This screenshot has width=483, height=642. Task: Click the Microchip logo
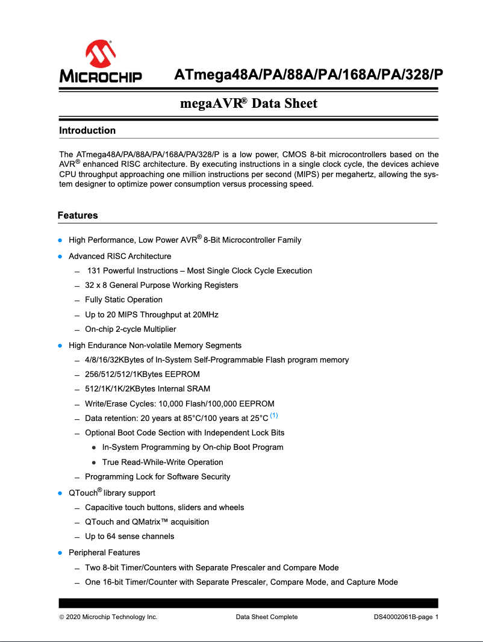pyautogui.click(x=101, y=62)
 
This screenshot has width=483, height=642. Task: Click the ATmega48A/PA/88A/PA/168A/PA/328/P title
pyautogui.click(x=308, y=75)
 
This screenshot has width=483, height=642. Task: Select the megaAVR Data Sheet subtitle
pyautogui.click(x=249, y=104)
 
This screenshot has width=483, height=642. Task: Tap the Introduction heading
pyautogui.click(x=87, y=131)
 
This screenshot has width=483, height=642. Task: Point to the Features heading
pyautogui.click(x=78, y=216)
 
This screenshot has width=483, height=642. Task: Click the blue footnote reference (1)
pyautogui.click(x=274, y=416)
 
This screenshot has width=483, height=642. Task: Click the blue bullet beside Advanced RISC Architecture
pyautogui.click(x=60, y=257)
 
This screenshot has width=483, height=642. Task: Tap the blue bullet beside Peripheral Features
pyautogui.click(x=60, y=553)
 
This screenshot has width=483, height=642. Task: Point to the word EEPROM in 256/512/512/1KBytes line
pyautogui.click(x=181, y=375)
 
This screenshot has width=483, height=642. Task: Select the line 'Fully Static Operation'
pyautogui.click(x=123, y=300)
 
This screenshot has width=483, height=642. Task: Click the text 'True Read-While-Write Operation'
pyautogui.click(x=163, y=463)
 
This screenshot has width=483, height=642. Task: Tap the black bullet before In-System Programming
pyautogui.click(x=95, y=447)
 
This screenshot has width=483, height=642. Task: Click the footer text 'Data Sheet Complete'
pyautogui.click(x=266, y=617)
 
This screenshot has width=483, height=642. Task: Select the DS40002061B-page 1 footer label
pyautogui.click(x=406, y=617)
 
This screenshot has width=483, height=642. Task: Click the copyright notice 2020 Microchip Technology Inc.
pyautogui.click(x=108, y=617)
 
